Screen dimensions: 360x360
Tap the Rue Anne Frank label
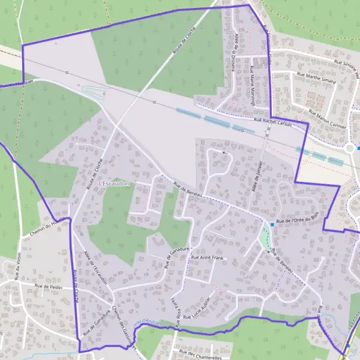(x=206, y=258)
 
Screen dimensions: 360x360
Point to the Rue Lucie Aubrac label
(x=198, y=307)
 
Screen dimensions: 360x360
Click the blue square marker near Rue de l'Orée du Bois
(x=272, y=224)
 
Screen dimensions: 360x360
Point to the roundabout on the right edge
(x=350, y=148)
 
